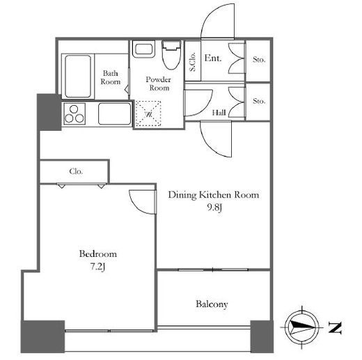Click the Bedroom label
(98, 253)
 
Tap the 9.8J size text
(214, 208)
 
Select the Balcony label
(212, 304)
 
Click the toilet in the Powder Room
(171, 55)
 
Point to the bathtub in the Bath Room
(78, 76)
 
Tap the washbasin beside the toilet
(144, 49)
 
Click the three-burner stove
(74, 114)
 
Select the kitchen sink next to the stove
(114, 114)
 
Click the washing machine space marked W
(148, 114)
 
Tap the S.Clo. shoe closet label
(193, 61)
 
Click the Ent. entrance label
(213, 58)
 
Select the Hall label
(219, 113)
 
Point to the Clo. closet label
(76, 171)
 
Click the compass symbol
(302, 327)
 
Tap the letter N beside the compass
(335, 328)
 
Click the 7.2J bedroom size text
(97, 267)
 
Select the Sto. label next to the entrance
(259, 60)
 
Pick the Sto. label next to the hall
(259, 101)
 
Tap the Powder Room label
(159, 84)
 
